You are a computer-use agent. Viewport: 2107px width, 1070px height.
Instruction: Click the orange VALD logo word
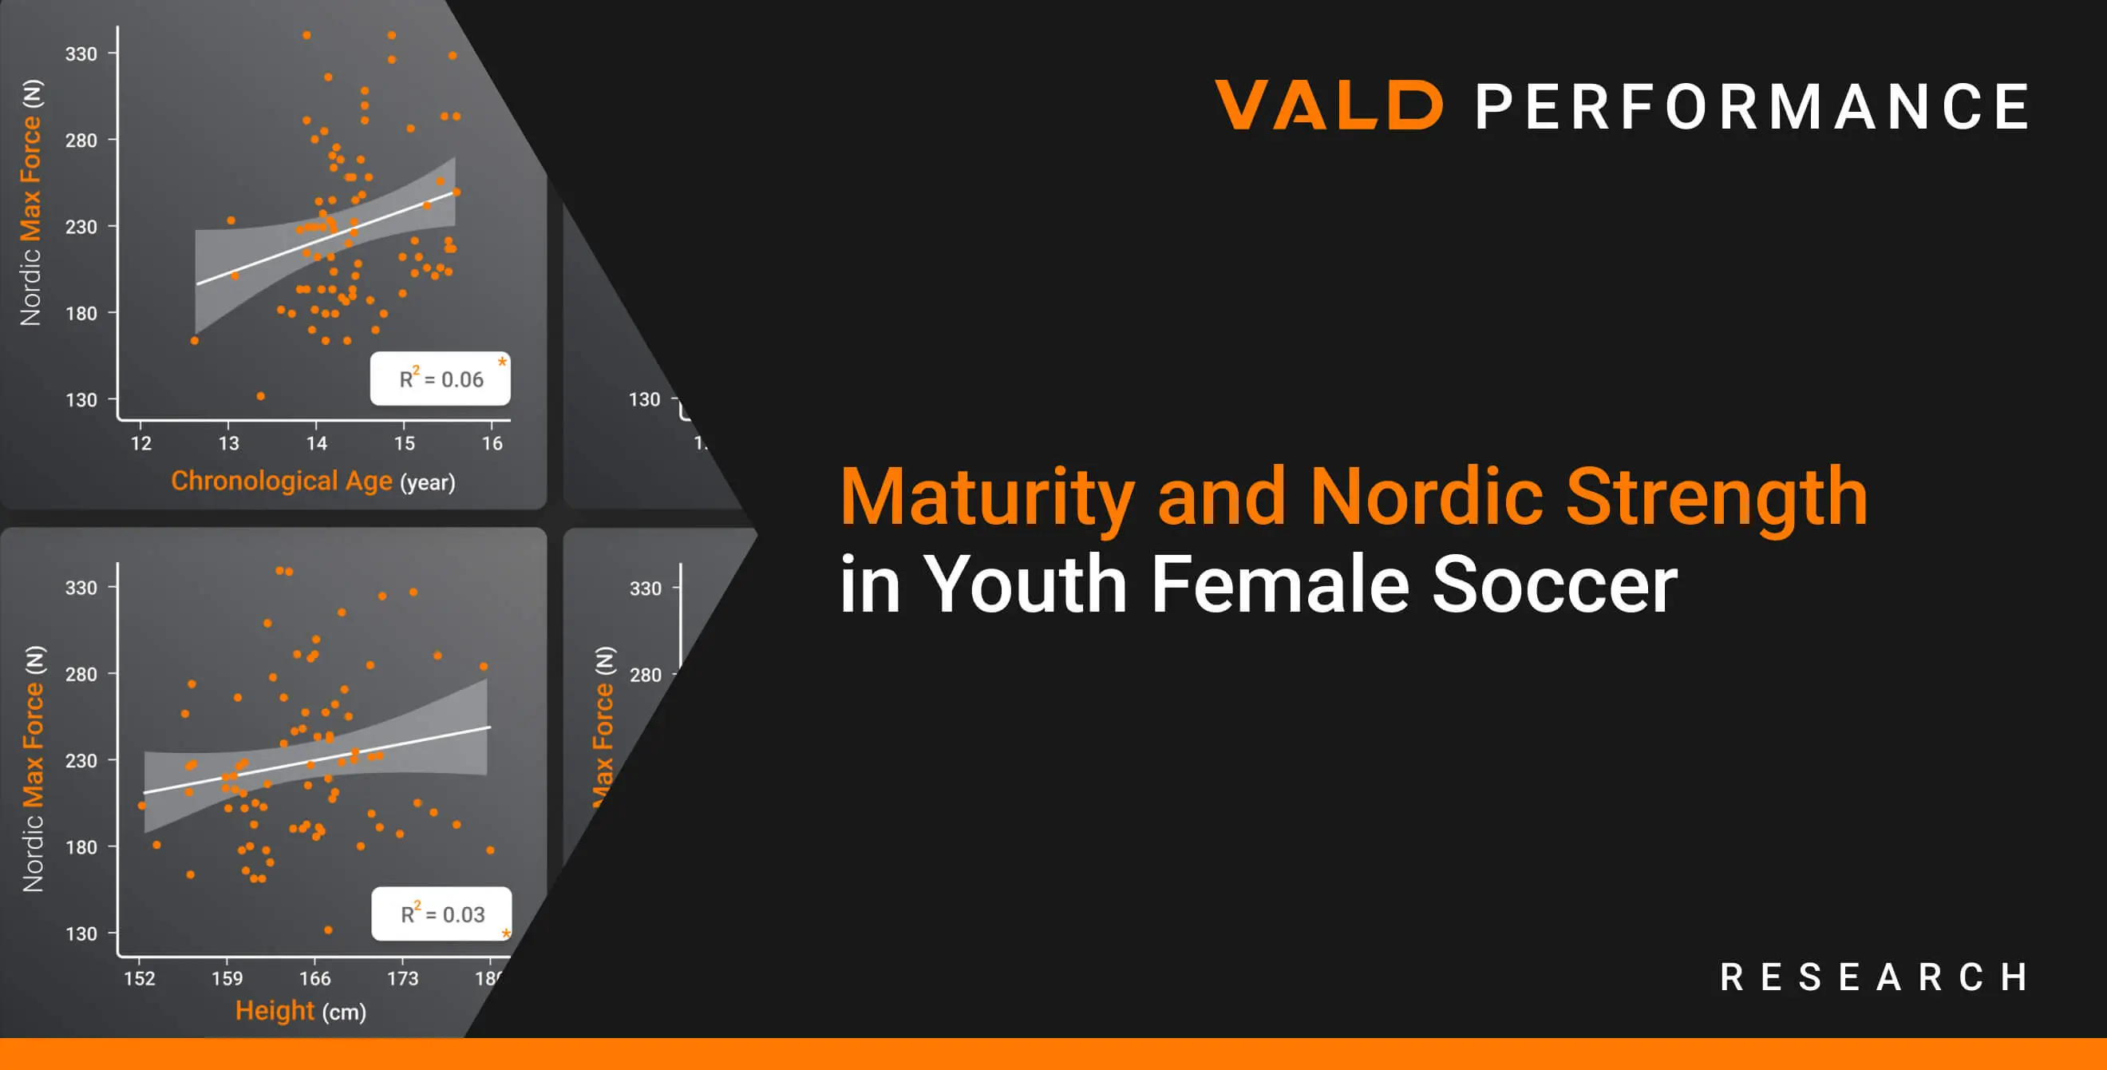(x=1328, y=105)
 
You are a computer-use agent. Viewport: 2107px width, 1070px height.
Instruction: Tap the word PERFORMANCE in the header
(x=1752, y=106)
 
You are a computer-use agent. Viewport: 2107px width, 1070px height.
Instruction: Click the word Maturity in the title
(x=987, y=497)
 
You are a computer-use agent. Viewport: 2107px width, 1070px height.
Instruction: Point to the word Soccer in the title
(x=1554, y=584)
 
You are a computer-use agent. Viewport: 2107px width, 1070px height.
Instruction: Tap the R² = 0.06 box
(x=440, y=378)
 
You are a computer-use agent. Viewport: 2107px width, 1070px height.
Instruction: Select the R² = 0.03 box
(x=441, y=913)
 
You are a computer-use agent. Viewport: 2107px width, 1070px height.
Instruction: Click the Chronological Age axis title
(x=282, y=481)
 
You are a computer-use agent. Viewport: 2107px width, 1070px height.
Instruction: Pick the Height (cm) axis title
(x=300, y=1011)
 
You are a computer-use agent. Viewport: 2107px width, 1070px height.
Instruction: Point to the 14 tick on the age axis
(x=317, y=442)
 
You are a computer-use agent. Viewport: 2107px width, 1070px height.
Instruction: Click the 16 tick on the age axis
(x=492, y=442)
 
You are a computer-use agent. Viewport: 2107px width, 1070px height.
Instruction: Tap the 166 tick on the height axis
(x=315, y=977)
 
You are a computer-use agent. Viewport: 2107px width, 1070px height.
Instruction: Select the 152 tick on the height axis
(x=139, y=977)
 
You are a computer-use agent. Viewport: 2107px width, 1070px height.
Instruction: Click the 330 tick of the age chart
(x=81, y=54)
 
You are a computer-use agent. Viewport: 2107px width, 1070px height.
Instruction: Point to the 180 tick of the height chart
(x=81, y=846)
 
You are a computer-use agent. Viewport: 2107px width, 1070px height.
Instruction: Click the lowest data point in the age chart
(x=261, y=396)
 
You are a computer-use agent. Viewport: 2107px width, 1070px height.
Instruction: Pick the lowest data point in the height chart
(x=328, y=930)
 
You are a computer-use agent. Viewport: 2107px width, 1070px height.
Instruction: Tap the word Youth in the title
(x=1026, y=584)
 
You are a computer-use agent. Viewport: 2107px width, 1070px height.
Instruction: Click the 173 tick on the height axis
(x=402, y=977)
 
